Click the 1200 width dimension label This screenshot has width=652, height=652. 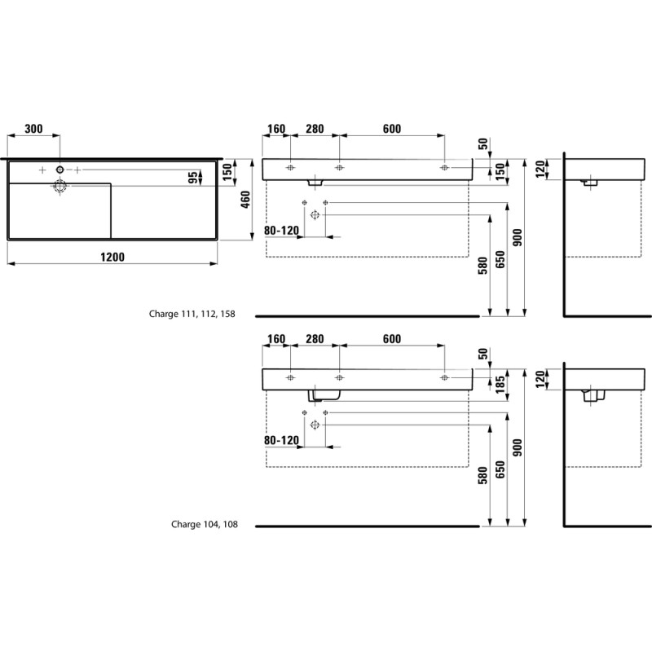pyautogui.click(x=112, y=257)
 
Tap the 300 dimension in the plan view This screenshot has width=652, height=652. pyautogui.click(x=33, y=129)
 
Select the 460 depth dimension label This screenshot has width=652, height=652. pyautogui.click(x=245, y=200)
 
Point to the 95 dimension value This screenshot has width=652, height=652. pyautogui.click(x=193, y=178)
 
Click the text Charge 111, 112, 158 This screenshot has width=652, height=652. pyautogui.click(x=192, y=314)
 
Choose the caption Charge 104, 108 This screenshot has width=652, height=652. pyautogui.click(x=205, y=524)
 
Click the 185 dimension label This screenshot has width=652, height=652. pyautogui.click(x=500, y=384)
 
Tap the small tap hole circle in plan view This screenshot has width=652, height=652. pyautogui.click(x=60, y=170)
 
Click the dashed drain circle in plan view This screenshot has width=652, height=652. pyautogui.click(x=60, y=187)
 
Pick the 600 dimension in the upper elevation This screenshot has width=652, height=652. pyautogui.click(x=392, y=129)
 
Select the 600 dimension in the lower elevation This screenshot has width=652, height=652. pyautogui.click(x=392, y=339)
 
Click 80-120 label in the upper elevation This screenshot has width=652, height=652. pyautogui.click(x=281, y=231)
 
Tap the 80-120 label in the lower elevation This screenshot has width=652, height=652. pyautogui.click(x=281, y=440)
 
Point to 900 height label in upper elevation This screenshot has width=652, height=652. pyautogui.click(x=518, y=237)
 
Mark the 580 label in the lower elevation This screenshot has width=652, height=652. pyautogui.click(x=482, y=475)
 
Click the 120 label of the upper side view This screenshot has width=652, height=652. pyautogui.click(x=540, y=170)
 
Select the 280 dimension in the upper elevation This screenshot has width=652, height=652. pyautogui.click(x=315, y=129)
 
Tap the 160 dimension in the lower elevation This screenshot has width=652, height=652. pyautogui.click(x=276, y=339)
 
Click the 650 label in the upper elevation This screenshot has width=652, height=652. pyautogui.click(x=500, y=259)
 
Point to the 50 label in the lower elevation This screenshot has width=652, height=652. pyautogui.click(x=482, y=354)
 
